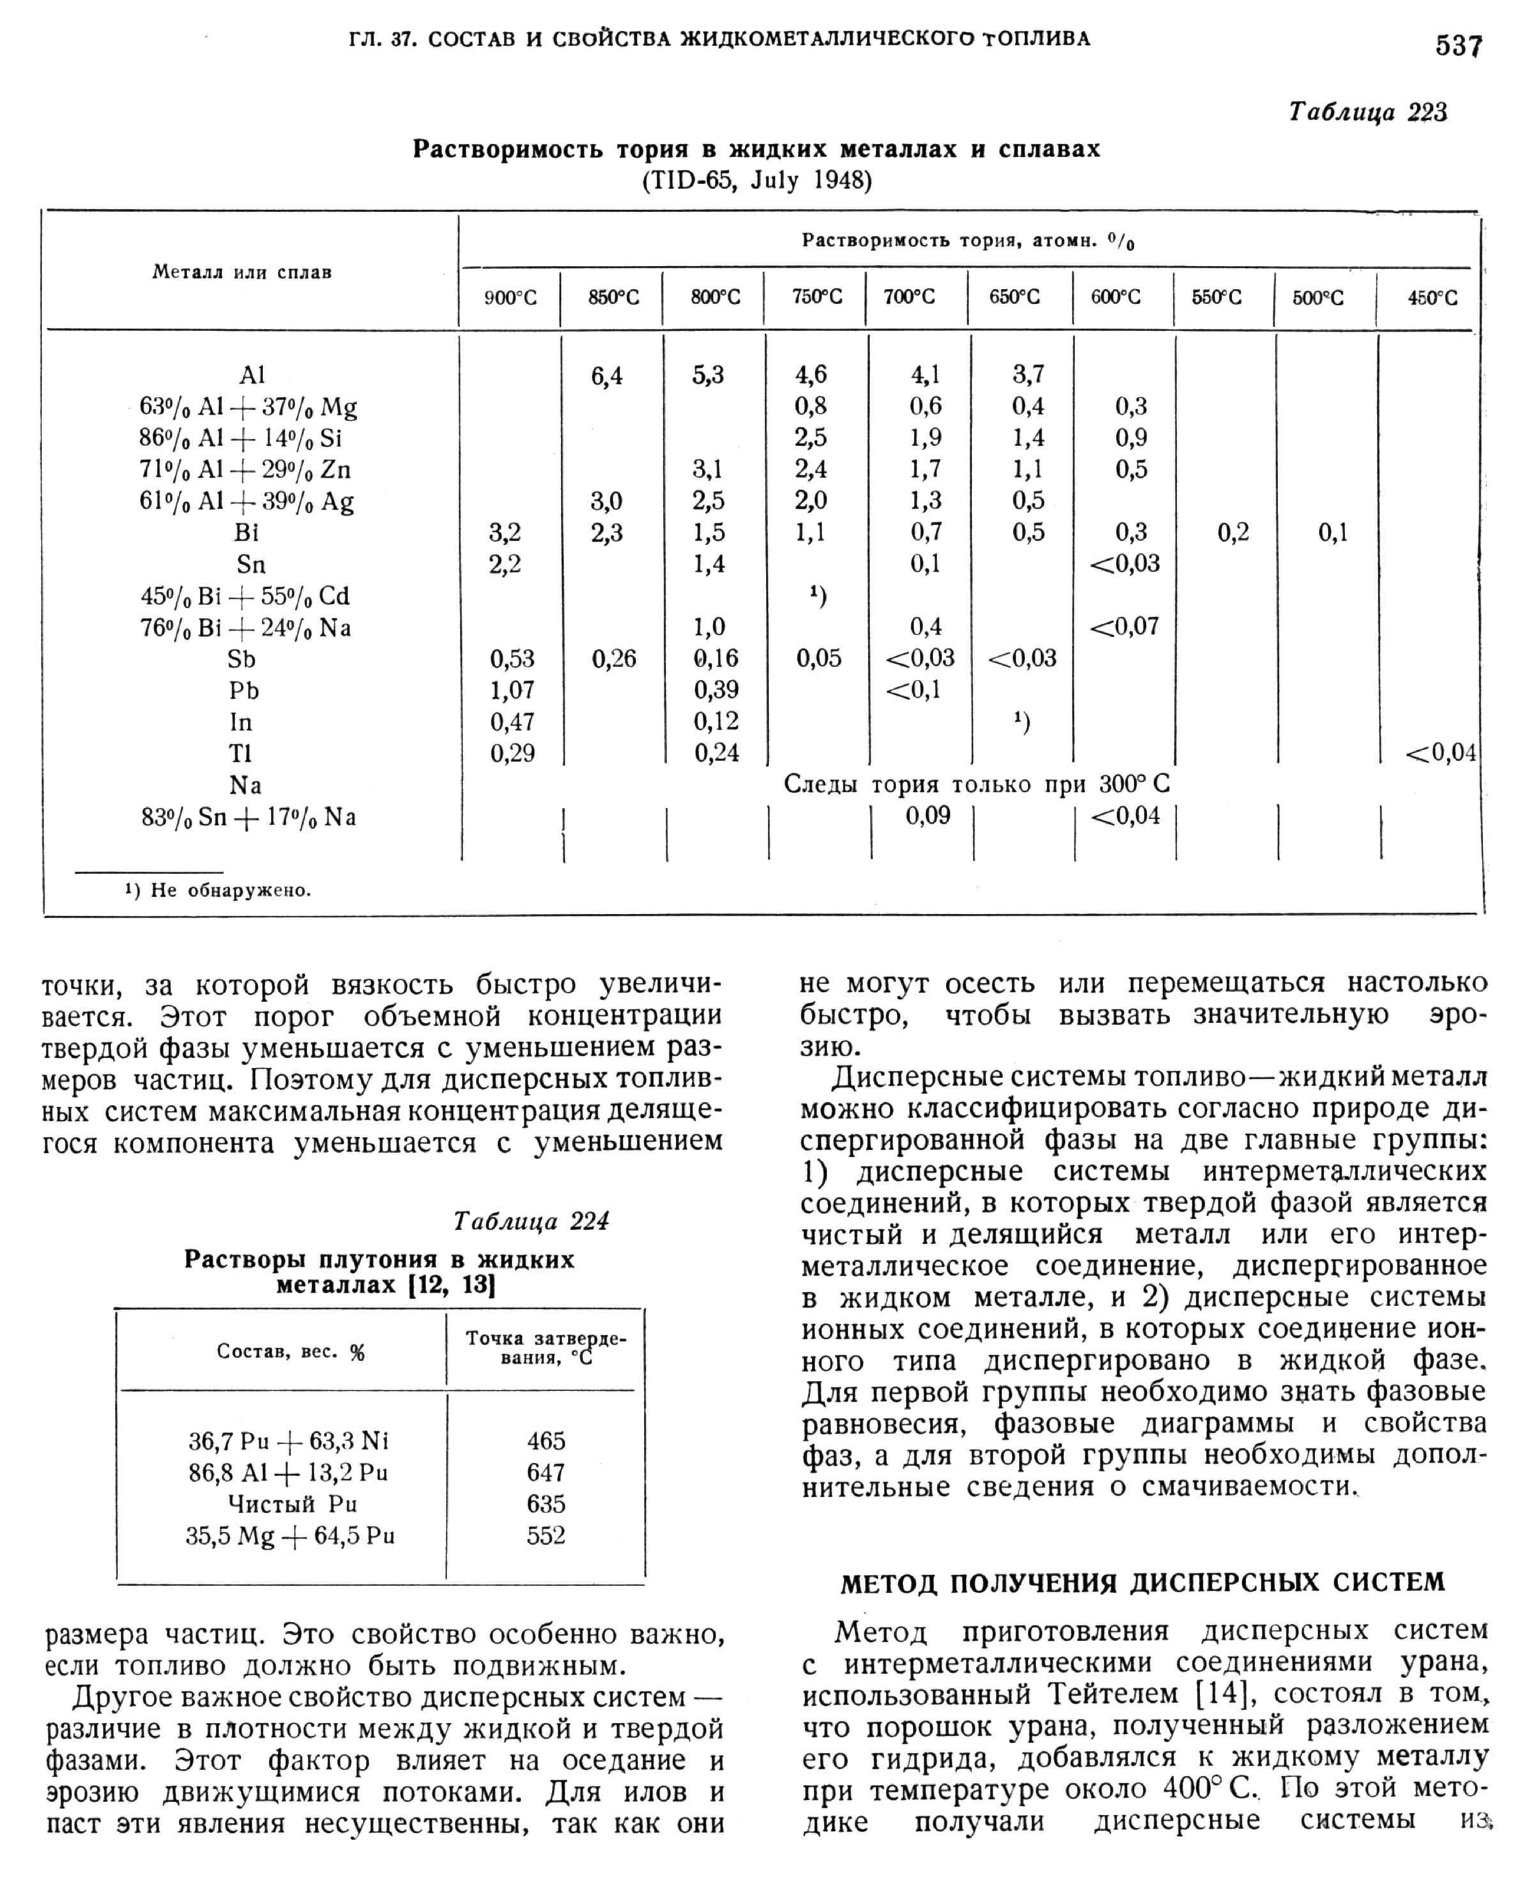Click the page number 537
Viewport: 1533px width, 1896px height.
click(x=1458, y=45)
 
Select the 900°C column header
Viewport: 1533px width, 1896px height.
click(x=510, y=298)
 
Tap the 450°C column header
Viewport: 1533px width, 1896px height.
click(x=1432, y=298)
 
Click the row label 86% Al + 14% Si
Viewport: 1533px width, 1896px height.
click(x=240, y=438)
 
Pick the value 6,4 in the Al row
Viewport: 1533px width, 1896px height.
click(x=607, y=376)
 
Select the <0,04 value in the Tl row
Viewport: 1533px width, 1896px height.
click(x=1440, y=753)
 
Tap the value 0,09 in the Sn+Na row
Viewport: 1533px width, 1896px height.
click(x=927, y=815)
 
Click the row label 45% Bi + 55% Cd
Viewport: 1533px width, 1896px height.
click(x=245, y=596)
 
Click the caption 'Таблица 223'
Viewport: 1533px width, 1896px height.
click(x=1368, y=112)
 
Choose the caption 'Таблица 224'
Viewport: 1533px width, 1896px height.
click(x=531, y=1221)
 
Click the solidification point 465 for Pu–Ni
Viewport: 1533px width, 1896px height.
click(x=545, y=1441)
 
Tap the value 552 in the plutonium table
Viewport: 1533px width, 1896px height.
click(x=545, y=1536)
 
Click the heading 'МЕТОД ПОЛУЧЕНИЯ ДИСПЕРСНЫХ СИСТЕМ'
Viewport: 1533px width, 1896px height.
click(x=1143, y=1582)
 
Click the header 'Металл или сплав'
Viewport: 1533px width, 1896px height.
click(x=242, y=272)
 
